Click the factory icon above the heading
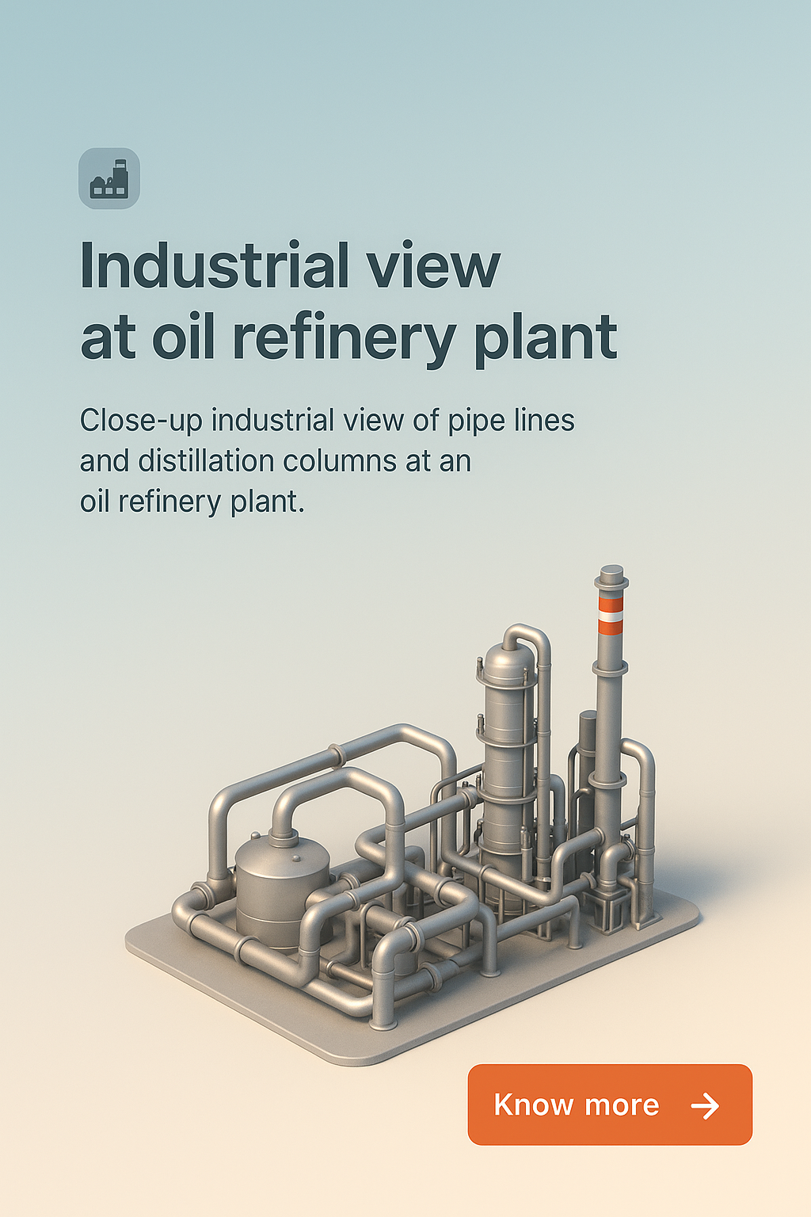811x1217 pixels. coord(109,178)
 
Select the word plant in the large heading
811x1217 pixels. coord(545,338)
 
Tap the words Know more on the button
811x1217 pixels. coord(576,1104)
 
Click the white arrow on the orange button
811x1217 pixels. coord(704,1105)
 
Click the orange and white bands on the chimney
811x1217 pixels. coord(611,616)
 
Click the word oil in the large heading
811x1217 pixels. coord(183,338)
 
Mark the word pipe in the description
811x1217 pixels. coord(475,421)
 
